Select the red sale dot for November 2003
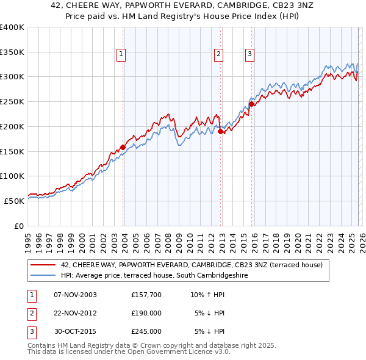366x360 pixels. (123, 147)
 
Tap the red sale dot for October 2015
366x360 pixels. (251, 104)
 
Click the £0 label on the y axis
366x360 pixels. (19, 226)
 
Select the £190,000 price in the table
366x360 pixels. (146, 313)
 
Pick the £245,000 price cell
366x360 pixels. (146, 331)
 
